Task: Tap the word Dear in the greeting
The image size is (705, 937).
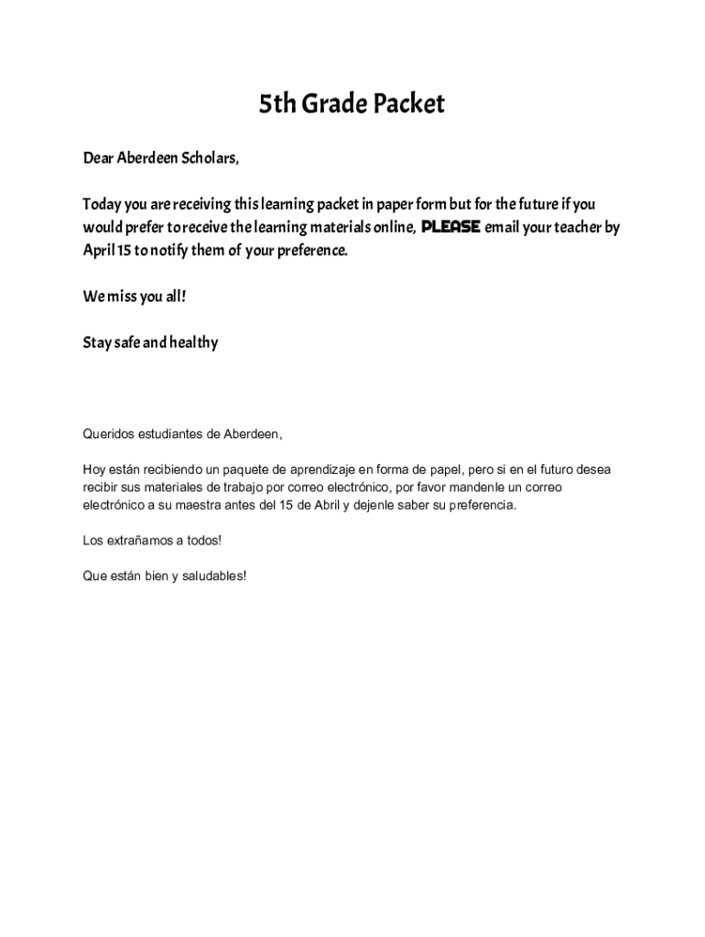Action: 97,158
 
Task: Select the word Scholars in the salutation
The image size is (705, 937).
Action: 211,158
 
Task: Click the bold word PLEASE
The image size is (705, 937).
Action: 450,227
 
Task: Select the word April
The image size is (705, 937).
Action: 98,250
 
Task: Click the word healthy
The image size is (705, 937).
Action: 193,343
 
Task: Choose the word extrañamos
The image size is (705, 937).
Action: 138,541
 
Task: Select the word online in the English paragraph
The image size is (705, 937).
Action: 384,227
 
